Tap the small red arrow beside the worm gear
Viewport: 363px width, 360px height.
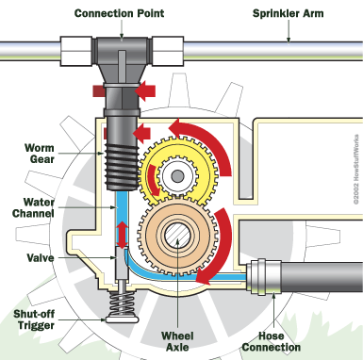click(x=141, y=134)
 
